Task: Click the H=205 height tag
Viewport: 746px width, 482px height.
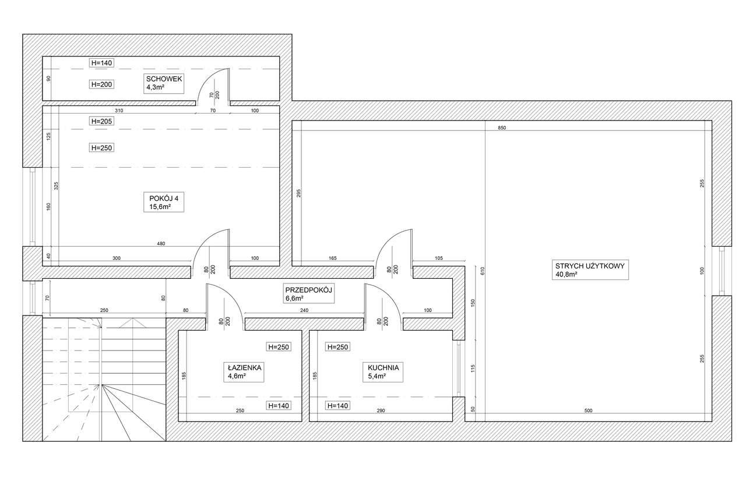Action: (x=101, y=121)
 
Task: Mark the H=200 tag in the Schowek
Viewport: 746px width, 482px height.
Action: (x=101, y=84)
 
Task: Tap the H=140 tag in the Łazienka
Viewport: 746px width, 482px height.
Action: (x=278, y=406)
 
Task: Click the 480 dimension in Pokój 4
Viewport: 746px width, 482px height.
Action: (x=160, y=243)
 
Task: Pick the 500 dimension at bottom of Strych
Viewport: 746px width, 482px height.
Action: (x=588, y=411)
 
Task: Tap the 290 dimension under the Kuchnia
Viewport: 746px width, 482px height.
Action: (x=381, y=411)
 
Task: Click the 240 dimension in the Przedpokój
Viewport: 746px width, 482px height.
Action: (x=304, y=311)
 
